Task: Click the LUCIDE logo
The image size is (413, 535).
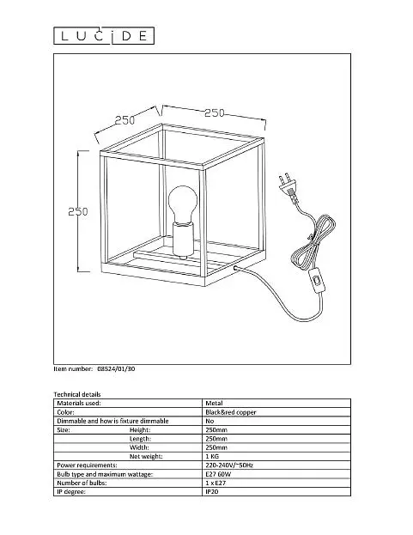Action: [x=104, y=36]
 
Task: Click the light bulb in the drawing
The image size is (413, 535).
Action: [x=182, y=204]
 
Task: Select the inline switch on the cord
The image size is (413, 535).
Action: [x=318, y=281]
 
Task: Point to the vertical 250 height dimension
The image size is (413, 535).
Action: [x=78, y=211]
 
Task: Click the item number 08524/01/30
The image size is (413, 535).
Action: [x=116, y=369]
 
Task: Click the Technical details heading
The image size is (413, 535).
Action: [x=77, y=394]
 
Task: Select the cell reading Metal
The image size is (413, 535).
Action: [x=214, y=403]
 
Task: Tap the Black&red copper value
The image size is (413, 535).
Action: [x=231, y=412]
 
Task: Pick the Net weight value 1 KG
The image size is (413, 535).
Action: [x=212, y=456]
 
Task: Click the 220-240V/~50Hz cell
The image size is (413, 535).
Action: [x=229, y=465]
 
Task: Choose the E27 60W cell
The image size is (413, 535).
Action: [x=218, y=474]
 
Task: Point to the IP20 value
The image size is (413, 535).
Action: [x=212, y=492]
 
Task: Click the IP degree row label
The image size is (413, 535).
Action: [x=71, y=492]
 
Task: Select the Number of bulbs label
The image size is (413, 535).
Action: [x=82, y=483]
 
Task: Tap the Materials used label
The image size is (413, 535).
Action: [x=79, y=403]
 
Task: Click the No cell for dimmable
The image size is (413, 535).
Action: [x=210, y=421]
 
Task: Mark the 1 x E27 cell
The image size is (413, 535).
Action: [x=216, y=483]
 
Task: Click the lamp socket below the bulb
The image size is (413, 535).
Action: [x=184, y=240]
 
